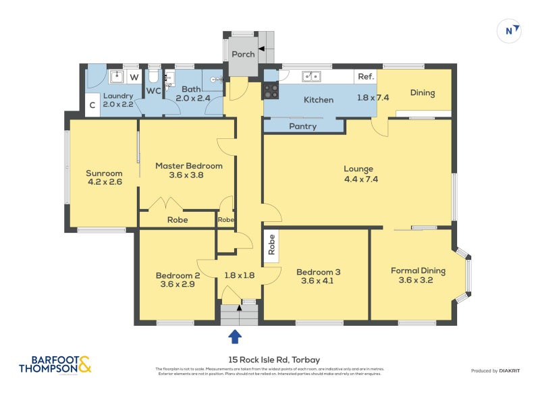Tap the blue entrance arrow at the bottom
235,336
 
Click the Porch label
243,55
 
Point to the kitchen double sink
311,77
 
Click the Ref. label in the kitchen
366,77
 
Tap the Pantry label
303,126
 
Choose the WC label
154,90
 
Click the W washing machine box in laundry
134,78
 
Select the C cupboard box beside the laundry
91,105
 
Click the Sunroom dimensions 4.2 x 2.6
105,182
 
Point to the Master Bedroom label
188,165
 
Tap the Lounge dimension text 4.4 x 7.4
358,179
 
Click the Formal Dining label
418,271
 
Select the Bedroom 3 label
318,272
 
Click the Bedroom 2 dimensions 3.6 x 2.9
178,285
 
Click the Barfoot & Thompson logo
55,364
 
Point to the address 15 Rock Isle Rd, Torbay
269,360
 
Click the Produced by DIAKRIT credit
493,370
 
